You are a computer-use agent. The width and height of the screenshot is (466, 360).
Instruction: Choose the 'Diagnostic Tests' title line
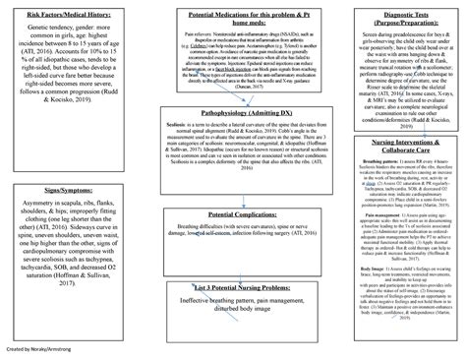click(391, 16)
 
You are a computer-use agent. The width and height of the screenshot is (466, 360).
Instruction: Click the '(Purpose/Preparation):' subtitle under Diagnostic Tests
click(391, 27)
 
